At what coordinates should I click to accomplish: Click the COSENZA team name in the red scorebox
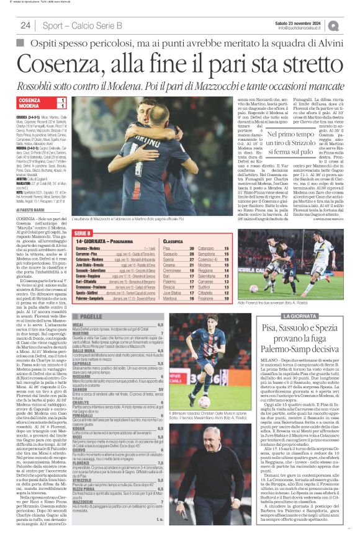pyautogui.click(x=30, y=100)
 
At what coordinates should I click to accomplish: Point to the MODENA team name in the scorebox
pyautogui.click(x=29, y=107)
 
